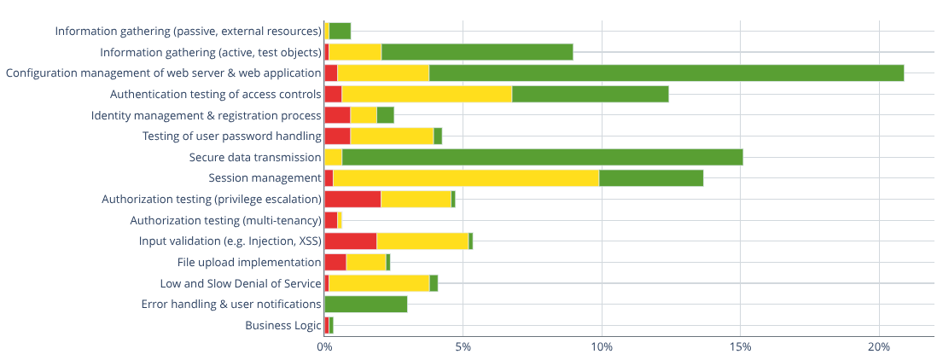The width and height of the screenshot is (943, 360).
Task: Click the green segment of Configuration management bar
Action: pyautogui.click(x=666, y=73)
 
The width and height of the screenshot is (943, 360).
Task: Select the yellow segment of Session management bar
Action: pyautogui.click(x=466, y=178)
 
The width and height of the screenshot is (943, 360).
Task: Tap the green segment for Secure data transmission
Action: pyautogui.click(x=542, y=157)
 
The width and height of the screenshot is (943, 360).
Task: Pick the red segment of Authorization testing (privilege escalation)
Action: pyautogui.click(x=352, y=200)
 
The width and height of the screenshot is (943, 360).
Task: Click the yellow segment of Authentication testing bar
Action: pyautogui.click(x=427, y=94)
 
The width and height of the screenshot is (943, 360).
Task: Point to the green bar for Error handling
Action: pyautogui.click(x=366, y=305)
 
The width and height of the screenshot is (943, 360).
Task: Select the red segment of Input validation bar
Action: pyautogui.click(x=351, y=241)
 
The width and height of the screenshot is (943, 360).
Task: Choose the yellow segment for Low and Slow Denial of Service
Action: pyautogui.click(x=379, y=283)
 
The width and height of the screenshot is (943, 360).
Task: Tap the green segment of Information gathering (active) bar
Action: pyautogui.click(x=477, y=52)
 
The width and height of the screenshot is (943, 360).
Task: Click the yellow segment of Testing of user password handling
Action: pyautogui.click(x=392, y=136)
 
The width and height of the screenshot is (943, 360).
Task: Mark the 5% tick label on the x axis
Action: pyautogui.click(x=463, y=347)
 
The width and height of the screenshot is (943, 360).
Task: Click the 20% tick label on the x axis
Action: pyautogui.click(x=879, y=347)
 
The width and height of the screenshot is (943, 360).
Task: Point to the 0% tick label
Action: pyautogui.click(x=324, y=347)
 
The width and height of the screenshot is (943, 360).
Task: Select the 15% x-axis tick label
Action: pyautogui.click(x=741, y=347)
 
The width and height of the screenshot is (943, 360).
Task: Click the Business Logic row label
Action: pyautogui.click(x=283, y=325)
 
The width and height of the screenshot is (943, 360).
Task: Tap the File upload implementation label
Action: pyautogui.click(x=249, y=262)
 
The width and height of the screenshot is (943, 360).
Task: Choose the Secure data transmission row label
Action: pyautogui.click(x=255, y=157)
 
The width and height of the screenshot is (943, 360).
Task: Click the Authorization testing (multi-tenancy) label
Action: pyautogui.click(x=225, y=220)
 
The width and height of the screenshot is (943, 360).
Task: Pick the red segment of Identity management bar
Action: pyautogui.click(x=337, y=115)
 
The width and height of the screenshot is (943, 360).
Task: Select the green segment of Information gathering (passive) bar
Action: pyautogui.click(x=340, y=32)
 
